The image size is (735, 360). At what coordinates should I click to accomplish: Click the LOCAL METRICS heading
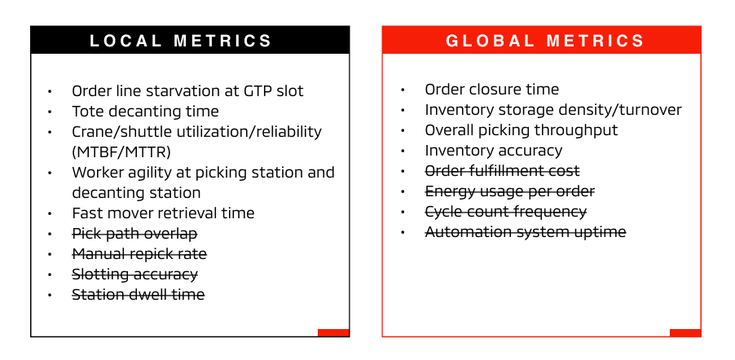click(x=180, y=41)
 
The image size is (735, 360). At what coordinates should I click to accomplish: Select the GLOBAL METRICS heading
click(x=545, y=41)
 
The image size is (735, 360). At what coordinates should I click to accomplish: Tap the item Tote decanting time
click(x=145, y=112)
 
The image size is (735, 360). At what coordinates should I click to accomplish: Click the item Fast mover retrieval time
click(x=163, y=213)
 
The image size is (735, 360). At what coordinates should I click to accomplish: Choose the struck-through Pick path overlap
click(x=134, y=234)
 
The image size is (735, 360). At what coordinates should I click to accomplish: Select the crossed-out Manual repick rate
click(x=139, y=254)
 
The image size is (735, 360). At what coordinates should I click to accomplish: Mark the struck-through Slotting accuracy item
click(x=134, y=274)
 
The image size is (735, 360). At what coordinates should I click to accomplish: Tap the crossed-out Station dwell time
click(x=139, y=295)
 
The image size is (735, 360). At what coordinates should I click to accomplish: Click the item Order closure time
click(x=491, y=90)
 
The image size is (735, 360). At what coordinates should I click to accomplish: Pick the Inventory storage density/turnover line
click(x=553, y=110)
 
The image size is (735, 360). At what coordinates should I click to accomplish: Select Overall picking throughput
click(x=522, y=130)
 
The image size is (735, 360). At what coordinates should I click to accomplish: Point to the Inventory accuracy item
click(x=494, y=151)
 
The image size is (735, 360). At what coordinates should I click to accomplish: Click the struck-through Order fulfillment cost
click(x=502, y=171)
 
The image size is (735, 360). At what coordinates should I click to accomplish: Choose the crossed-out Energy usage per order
click(x=509, y=191)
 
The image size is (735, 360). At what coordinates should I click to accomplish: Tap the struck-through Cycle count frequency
click(x=506, y=212)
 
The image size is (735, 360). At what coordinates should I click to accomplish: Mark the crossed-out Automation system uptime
click(x=526, y=232)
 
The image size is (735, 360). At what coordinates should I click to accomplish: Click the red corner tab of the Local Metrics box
click(x=333, y=333)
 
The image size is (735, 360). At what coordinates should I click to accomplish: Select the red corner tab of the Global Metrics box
click(x=685, y=333)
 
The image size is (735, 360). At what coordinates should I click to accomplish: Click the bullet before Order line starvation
click(x=50, y=91)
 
